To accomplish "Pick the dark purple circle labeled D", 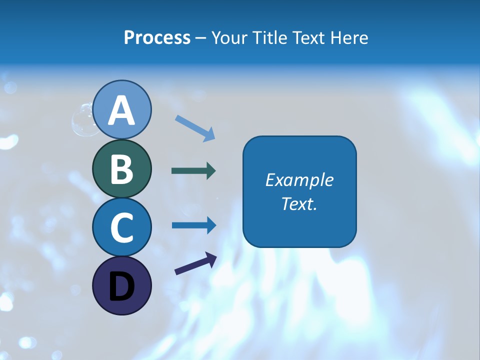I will pos(121,285).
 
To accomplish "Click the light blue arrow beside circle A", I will pos(195,128).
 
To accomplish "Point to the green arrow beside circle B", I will pos(193,171).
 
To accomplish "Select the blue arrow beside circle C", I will pos(193,225).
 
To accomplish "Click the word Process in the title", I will pos(157,37).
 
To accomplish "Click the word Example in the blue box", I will pos(299,180).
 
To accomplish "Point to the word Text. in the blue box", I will pos(299,203).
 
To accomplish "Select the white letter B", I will pos(121,168).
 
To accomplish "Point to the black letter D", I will pos(121,286).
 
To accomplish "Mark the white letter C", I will pos(121,227).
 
